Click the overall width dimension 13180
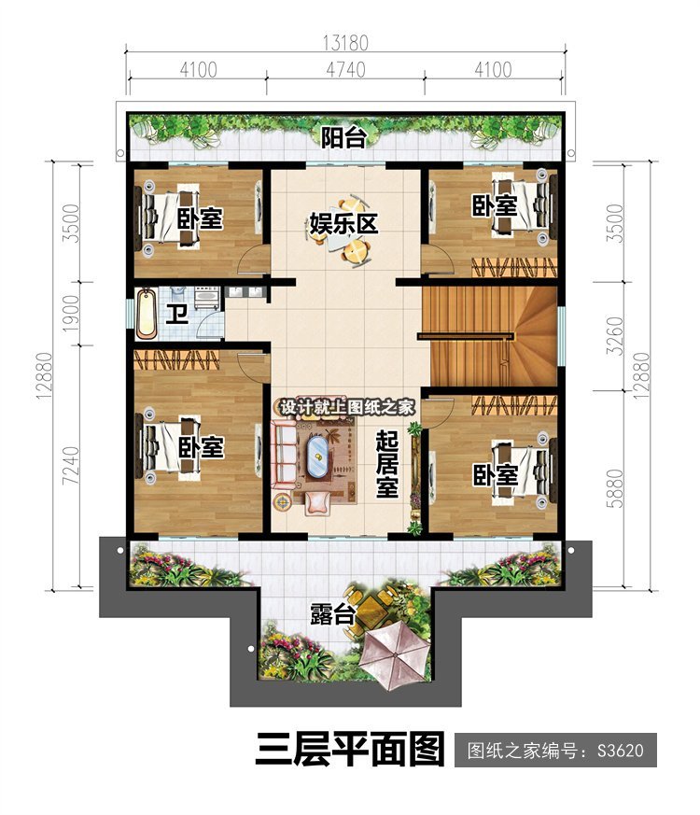(x=345, y=43)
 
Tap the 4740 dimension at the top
(x=345, y=69)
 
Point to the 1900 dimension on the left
(x=70, y=314)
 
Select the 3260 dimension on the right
(x=615, y=336)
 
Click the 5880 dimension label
(x=615, y=488)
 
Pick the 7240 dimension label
(x=71, y=466)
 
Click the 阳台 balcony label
(x=343, y=138)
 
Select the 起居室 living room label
(x=387, y=464)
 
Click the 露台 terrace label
(x=332, y=614)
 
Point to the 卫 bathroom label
(x=176, y=315)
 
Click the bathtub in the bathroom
(x=146, y=314)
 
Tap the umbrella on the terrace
(x=396, y=657)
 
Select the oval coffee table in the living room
(x=317, y=457)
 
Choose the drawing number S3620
(x=620, y=751)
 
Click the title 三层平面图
(x=350, y=749)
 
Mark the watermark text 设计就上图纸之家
(x=347, y=407)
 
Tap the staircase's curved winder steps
(x=535, y=336)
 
